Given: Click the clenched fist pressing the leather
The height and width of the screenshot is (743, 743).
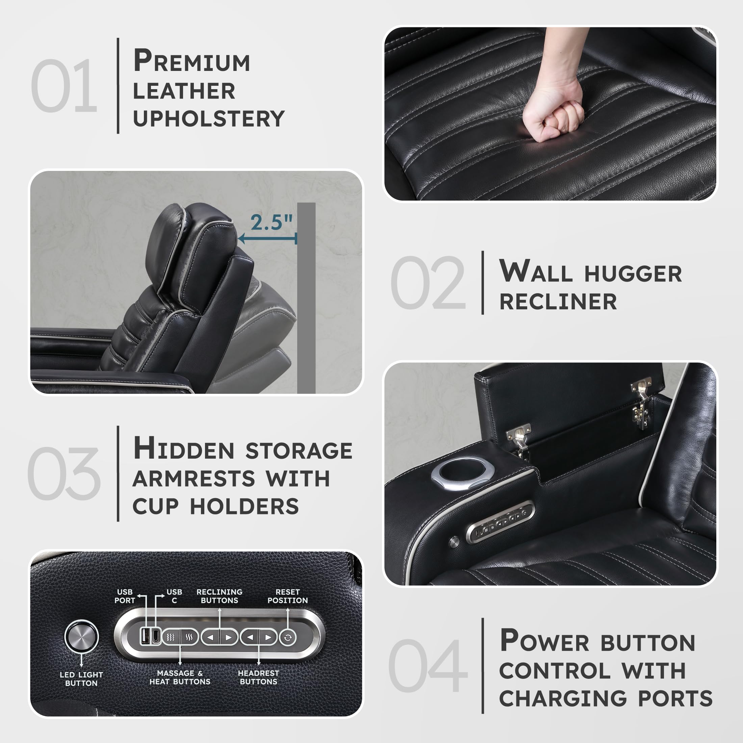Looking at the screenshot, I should (554, 116).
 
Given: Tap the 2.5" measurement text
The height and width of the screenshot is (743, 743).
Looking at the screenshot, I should (272, 222).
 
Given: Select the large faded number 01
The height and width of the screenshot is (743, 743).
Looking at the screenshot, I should (64, 86).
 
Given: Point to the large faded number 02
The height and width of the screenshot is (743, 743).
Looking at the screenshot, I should (428, 283).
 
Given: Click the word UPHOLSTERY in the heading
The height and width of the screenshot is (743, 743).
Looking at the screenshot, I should (208, 119).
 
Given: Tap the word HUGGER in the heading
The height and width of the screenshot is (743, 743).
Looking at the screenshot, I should (633, 274).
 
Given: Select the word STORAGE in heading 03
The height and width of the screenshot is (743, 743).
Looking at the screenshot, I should (299, 451).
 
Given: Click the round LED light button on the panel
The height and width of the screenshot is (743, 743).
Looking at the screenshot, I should (81, 637).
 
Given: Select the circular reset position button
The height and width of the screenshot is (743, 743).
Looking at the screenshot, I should (288, 638).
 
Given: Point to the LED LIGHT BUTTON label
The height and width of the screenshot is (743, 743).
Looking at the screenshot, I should (81, 679).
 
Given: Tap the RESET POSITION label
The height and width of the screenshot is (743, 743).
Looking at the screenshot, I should (287, 596).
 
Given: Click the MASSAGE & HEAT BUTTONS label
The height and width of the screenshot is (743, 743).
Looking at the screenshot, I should (180, 677).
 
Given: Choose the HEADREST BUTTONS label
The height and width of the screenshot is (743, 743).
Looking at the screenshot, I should (258, 677).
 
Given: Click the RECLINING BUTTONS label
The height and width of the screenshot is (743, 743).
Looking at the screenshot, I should (219, 596).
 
